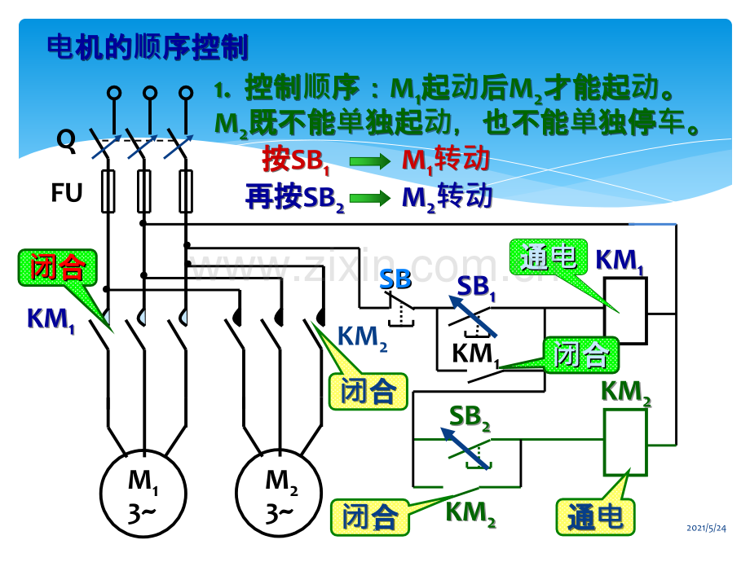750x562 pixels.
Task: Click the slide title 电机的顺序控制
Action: click(x=148, y=46)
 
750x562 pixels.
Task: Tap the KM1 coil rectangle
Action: click(x=625, y=309)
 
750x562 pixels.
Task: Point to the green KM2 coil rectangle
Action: click(x=624, y=442)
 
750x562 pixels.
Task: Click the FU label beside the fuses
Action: click(x=67, y=193)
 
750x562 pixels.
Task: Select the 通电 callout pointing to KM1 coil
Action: click(x=548, y=258)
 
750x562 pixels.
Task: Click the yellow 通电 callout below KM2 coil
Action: click(x=594, y=516)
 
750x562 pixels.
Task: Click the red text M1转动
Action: click(x=446, y=160)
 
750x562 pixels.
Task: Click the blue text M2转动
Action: click(x=447, y=197)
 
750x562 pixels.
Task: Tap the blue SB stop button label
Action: click(x=396, y=279)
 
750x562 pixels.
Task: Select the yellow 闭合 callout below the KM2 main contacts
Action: click(x=368, y=392)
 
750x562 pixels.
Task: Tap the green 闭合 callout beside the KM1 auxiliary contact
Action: click(x=581, y=354)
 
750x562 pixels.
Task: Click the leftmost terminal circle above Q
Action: click(x=114, y=94)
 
